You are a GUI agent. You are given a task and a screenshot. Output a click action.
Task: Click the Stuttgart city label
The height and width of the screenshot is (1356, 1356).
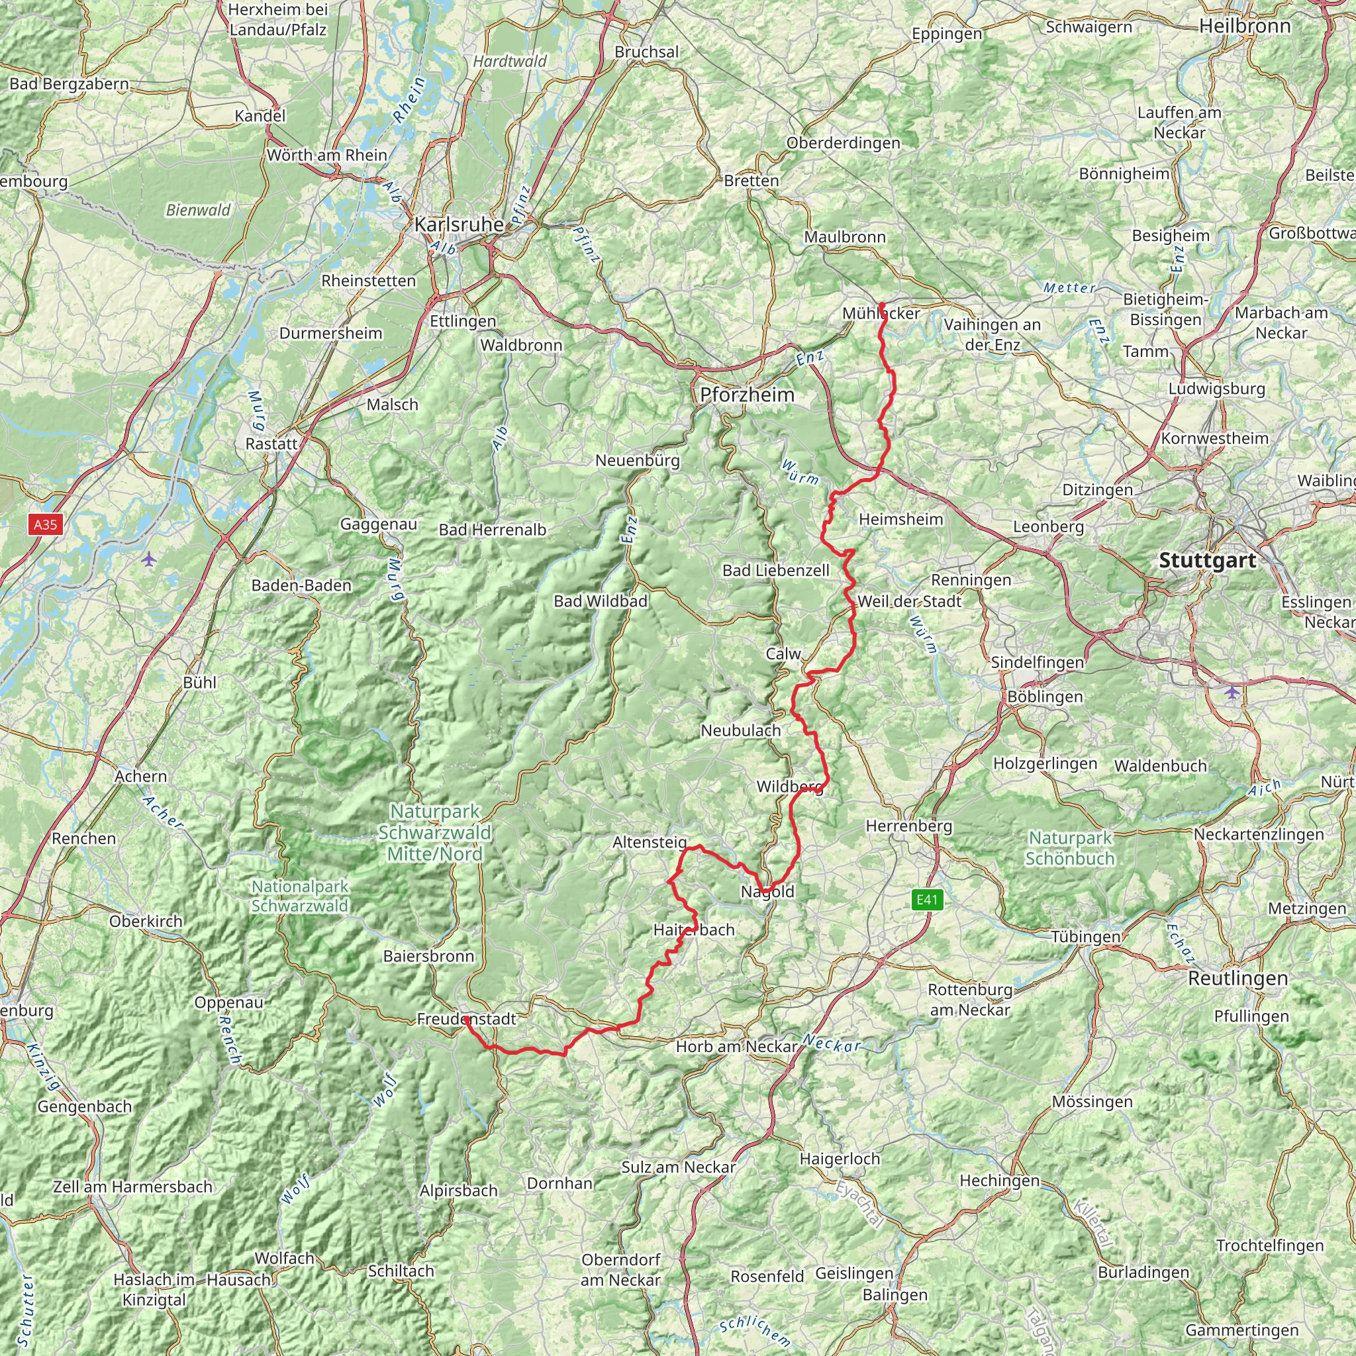(x=1207, y=560)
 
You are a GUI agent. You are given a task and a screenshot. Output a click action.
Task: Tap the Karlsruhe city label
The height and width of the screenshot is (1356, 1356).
(x=459, y=224)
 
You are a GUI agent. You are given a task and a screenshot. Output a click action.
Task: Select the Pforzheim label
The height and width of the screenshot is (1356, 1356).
(x=748, y=395)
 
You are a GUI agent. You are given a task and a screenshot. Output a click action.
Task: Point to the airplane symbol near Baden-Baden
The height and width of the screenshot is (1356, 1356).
(x=149, y=559)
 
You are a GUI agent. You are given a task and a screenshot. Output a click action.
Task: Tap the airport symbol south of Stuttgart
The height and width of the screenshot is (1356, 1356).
(x=1232, y=692)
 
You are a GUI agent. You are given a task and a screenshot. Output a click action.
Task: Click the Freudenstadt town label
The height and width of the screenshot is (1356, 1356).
(x=467, y=1018)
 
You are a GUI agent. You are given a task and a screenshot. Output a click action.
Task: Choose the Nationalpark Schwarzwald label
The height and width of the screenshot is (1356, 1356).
(x=300, y=896)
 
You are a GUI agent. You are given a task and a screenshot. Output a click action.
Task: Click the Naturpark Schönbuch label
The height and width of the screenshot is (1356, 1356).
(x=1070, y=848)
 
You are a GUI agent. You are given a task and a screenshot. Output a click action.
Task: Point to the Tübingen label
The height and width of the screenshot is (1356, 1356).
(x=1086, y=936)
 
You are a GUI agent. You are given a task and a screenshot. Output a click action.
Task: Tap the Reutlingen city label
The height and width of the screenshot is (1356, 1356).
(x=1238, y=978)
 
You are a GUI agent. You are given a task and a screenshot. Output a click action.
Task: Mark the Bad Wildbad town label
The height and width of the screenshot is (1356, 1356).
(x=600, y=601)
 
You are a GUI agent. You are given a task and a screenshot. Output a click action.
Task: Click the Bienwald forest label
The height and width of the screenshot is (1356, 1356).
(x=199, y=210)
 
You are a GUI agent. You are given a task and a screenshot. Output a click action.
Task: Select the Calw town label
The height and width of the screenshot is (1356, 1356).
(x=783, y=654)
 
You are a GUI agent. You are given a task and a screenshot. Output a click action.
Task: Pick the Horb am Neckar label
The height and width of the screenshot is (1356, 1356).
(x=736, y=1047)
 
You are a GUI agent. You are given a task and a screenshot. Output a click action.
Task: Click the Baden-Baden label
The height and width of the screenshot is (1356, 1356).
(x=301, y=585)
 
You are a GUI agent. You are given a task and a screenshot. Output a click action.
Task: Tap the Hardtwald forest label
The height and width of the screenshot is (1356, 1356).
(x=510, y=61)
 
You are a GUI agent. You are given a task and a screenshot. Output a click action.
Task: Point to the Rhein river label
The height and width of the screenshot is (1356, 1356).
(x=410, y=101)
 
